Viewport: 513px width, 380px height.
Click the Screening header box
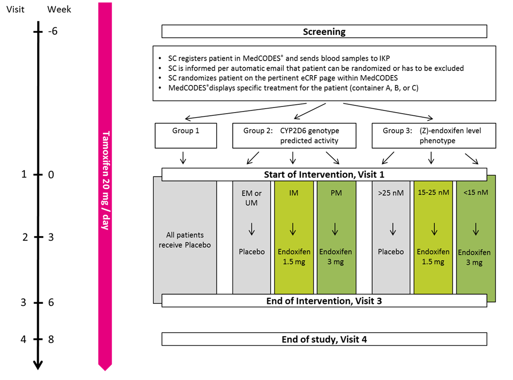coord(324,31)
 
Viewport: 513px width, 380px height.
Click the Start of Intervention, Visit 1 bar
coord(324,174)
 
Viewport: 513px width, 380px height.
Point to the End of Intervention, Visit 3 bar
coord(324,300)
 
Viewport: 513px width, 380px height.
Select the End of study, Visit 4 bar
coord(324,339)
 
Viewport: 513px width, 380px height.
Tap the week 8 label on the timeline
coord(52,339)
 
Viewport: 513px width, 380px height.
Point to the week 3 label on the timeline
coord(52,237)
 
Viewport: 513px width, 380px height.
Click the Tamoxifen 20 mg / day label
coord(105,180)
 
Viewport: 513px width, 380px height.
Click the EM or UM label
coord(251,197)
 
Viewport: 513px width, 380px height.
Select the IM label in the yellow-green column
coord(293,193)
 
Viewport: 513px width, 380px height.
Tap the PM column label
coord(335,193)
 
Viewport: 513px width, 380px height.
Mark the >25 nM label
coord(391,193)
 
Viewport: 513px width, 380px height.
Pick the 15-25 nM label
coord(433,193)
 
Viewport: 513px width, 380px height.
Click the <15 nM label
coord(475,193)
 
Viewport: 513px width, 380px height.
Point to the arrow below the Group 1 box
coord(183,158)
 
